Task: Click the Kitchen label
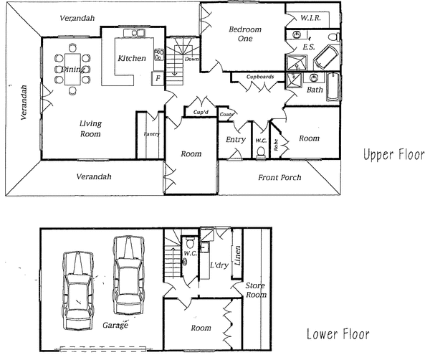(132, 58)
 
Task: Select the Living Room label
(90, 128)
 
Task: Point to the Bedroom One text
(245, 34)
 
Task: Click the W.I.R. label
(310, 17)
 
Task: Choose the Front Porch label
(280, 177)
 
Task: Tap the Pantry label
(151, 134)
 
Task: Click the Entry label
(236, 140)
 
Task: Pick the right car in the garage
(127, 272)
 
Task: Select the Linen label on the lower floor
(237, 253)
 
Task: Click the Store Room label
(255, 290)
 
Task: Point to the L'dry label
(218, 266)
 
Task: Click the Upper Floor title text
(393, 155)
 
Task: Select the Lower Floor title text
(338, 334)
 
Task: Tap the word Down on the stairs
(191, 60)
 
